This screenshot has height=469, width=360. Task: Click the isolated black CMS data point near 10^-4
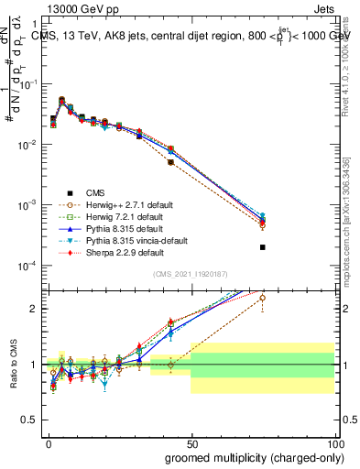[x=263, y=247]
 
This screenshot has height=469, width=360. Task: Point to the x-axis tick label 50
[x=191, y=442]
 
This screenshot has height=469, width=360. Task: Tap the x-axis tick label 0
[x=49, y=442]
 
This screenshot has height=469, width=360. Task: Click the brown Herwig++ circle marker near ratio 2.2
[x=263, y=298]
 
